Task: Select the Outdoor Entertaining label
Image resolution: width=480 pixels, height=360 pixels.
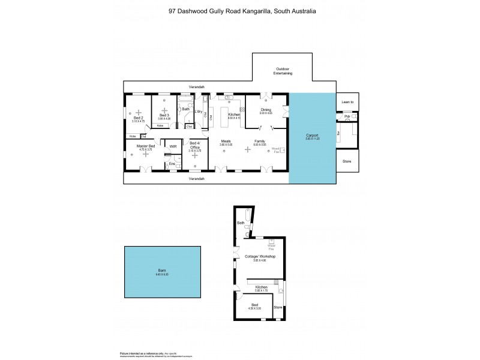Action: (282, 70)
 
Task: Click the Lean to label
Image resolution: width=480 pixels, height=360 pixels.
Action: (347, 103)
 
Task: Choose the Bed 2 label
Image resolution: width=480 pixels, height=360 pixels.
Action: (139, 118)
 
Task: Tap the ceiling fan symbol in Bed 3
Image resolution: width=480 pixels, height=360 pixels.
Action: (164, 110)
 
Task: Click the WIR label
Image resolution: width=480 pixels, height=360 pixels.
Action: (173, 146)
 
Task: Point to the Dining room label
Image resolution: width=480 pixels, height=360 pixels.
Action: (266, 110)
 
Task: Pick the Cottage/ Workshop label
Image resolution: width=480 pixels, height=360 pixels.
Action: (260, 257)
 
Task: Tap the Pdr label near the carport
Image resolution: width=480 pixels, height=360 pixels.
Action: (347, 116)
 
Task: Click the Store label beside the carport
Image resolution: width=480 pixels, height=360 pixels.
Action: (347, 161)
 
